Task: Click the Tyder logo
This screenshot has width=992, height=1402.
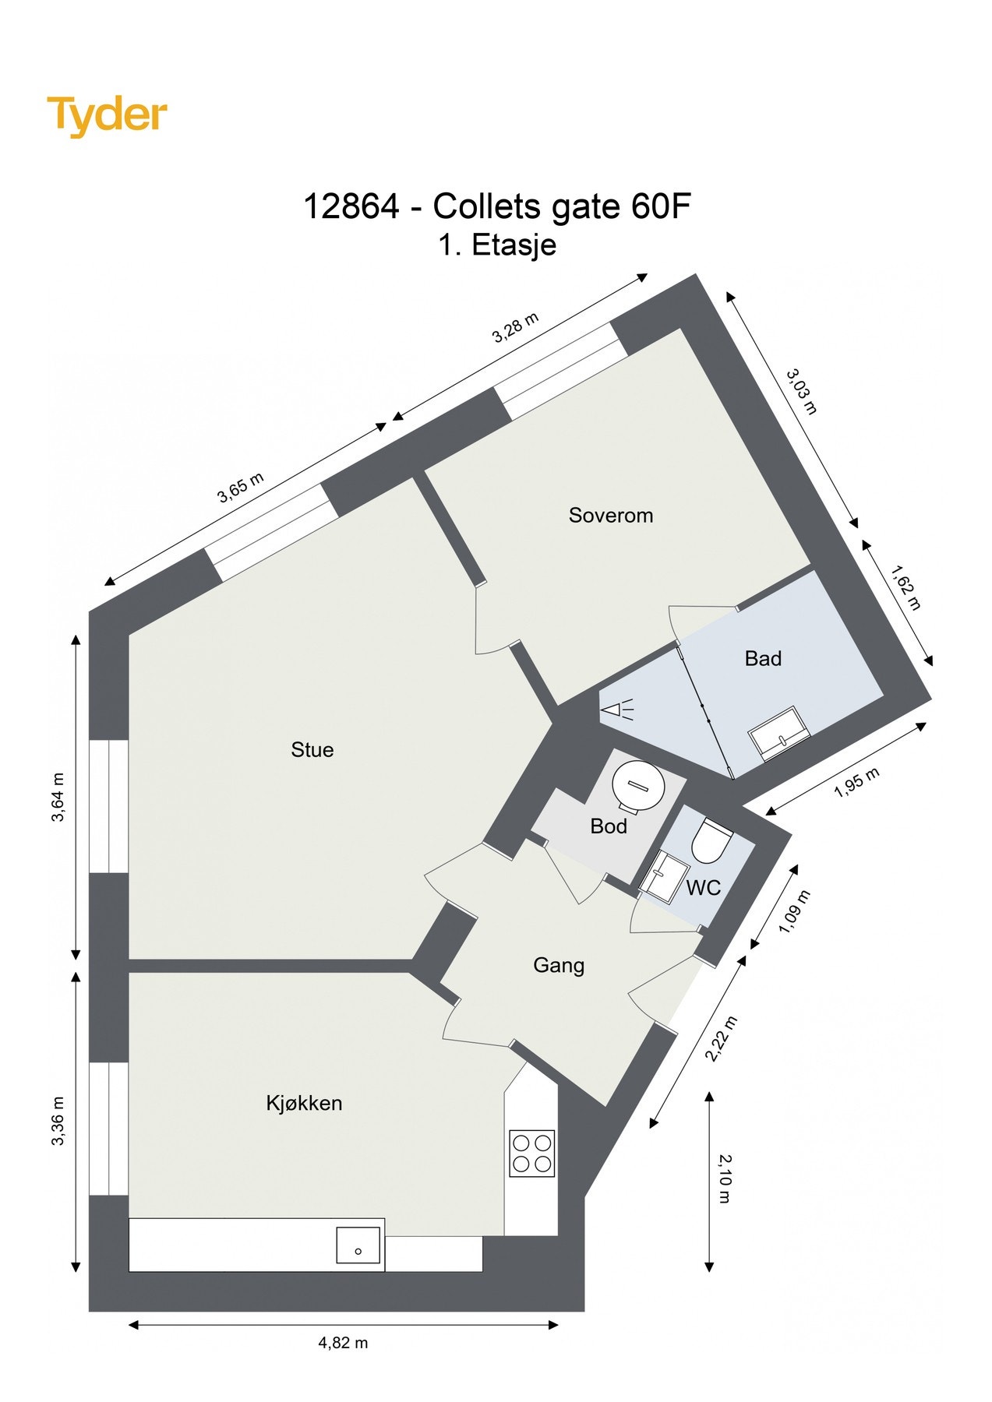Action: pyautogui.click(x=107, y=115)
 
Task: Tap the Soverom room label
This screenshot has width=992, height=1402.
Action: pyautogui.click(x=610, y=515)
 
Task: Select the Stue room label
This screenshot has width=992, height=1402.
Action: pyautogui.click(x=312, y=749)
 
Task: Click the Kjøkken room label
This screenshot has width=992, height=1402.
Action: pyautogui.click(x=304, y=1103)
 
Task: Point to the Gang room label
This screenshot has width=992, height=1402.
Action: pyautogui.click(x=558, y=965)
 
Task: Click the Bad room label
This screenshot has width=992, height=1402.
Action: pyautogui.click(x=763, y=658)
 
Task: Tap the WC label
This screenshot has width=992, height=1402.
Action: pyautogui.click(x=703, y=887)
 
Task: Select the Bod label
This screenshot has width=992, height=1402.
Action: pyautogui.click(x=609, y=826)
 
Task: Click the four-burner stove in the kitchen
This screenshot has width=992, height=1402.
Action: pyautogui.click(x=531, y=1153)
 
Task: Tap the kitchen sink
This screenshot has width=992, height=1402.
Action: pyautogui.click(x=358, y=1245)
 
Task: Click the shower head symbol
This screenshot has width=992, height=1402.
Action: pyautogui.click(x=616, y=710)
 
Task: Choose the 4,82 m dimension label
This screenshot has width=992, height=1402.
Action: pyautogui.click(x=343, y=1342)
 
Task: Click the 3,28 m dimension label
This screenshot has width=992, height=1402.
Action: pyautogui.click(x=515, y=328)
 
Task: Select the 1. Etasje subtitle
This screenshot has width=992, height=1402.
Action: pyautogui.click(x=496, y=245)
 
